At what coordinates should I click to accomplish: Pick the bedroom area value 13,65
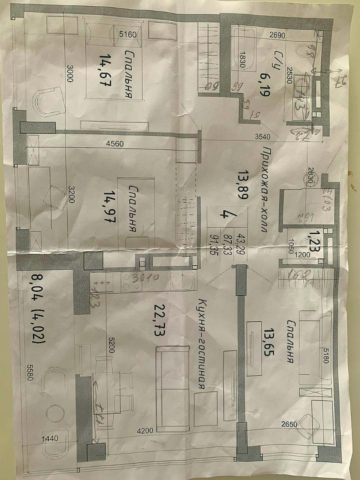(x=268, y=342)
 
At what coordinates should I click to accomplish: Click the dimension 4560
(x=114, y=143)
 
